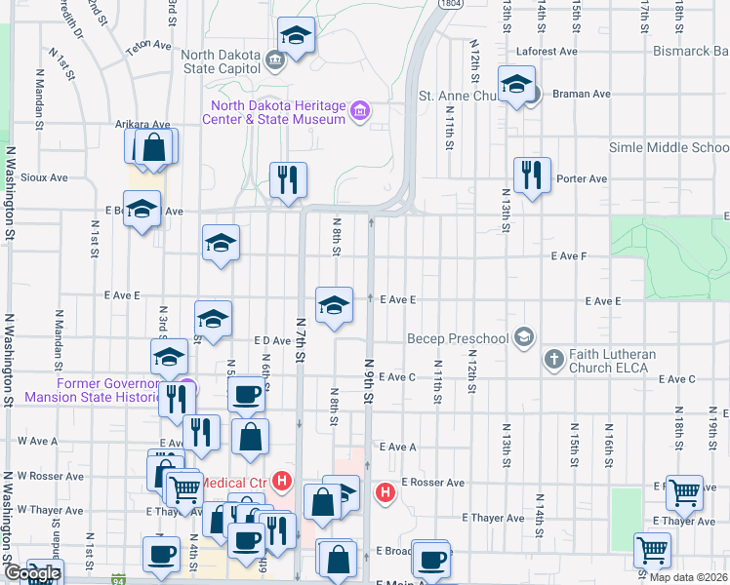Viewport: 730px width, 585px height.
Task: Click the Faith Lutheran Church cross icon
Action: (553, 360)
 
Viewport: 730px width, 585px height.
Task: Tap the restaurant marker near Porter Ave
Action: (532, 175)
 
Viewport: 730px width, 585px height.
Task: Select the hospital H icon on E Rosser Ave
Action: (385, 492)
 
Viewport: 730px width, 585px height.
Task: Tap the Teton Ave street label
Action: (148, 45)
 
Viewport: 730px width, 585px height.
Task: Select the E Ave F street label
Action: (568, 255)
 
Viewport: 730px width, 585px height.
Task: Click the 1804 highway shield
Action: (450, 5)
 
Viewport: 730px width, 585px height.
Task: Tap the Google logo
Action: (31, 573)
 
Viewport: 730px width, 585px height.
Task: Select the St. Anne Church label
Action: (459, 96)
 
